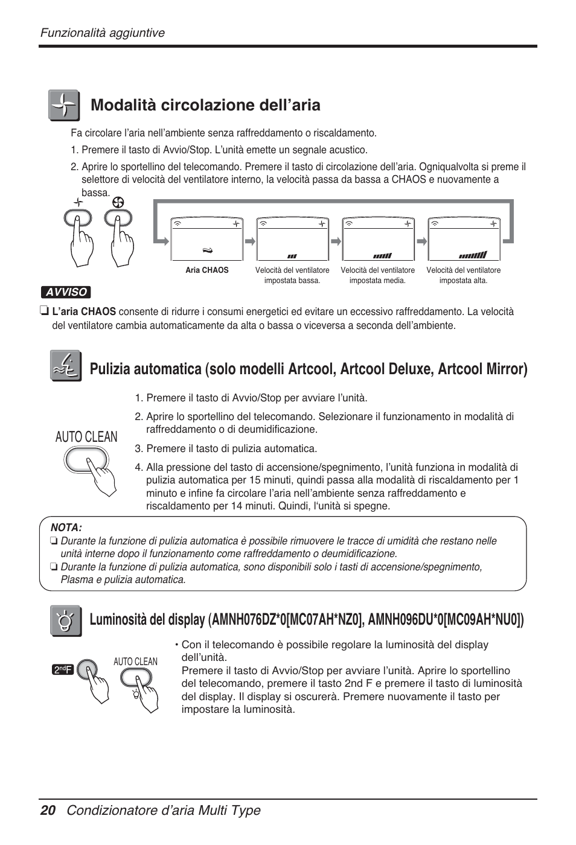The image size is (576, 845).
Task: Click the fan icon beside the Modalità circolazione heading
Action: pos(63,106)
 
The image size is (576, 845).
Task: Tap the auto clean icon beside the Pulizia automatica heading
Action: pos(65,366)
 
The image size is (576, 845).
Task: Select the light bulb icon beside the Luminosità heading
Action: pos(65,620)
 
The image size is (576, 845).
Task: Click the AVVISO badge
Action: pos(66,292)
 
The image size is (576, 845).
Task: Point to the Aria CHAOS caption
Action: pos(207,270)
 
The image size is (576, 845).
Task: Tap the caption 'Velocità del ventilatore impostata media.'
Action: pos(378,275)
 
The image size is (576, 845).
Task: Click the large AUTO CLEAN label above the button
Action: pos(86,437)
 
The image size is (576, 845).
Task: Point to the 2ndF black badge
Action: pos(63,669)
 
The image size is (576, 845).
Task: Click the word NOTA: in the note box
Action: pos(66,528)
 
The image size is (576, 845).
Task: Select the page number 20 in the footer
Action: pos(48,810)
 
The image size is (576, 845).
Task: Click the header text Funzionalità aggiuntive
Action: pos(103,33)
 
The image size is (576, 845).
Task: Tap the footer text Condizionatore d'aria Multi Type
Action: pos(164,810)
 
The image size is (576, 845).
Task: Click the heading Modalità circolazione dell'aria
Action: pos(205,105)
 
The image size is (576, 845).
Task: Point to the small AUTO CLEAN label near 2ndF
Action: pos(135,662)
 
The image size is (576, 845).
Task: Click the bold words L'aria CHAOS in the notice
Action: pos(84,311)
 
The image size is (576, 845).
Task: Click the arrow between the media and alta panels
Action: pos(421,240)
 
